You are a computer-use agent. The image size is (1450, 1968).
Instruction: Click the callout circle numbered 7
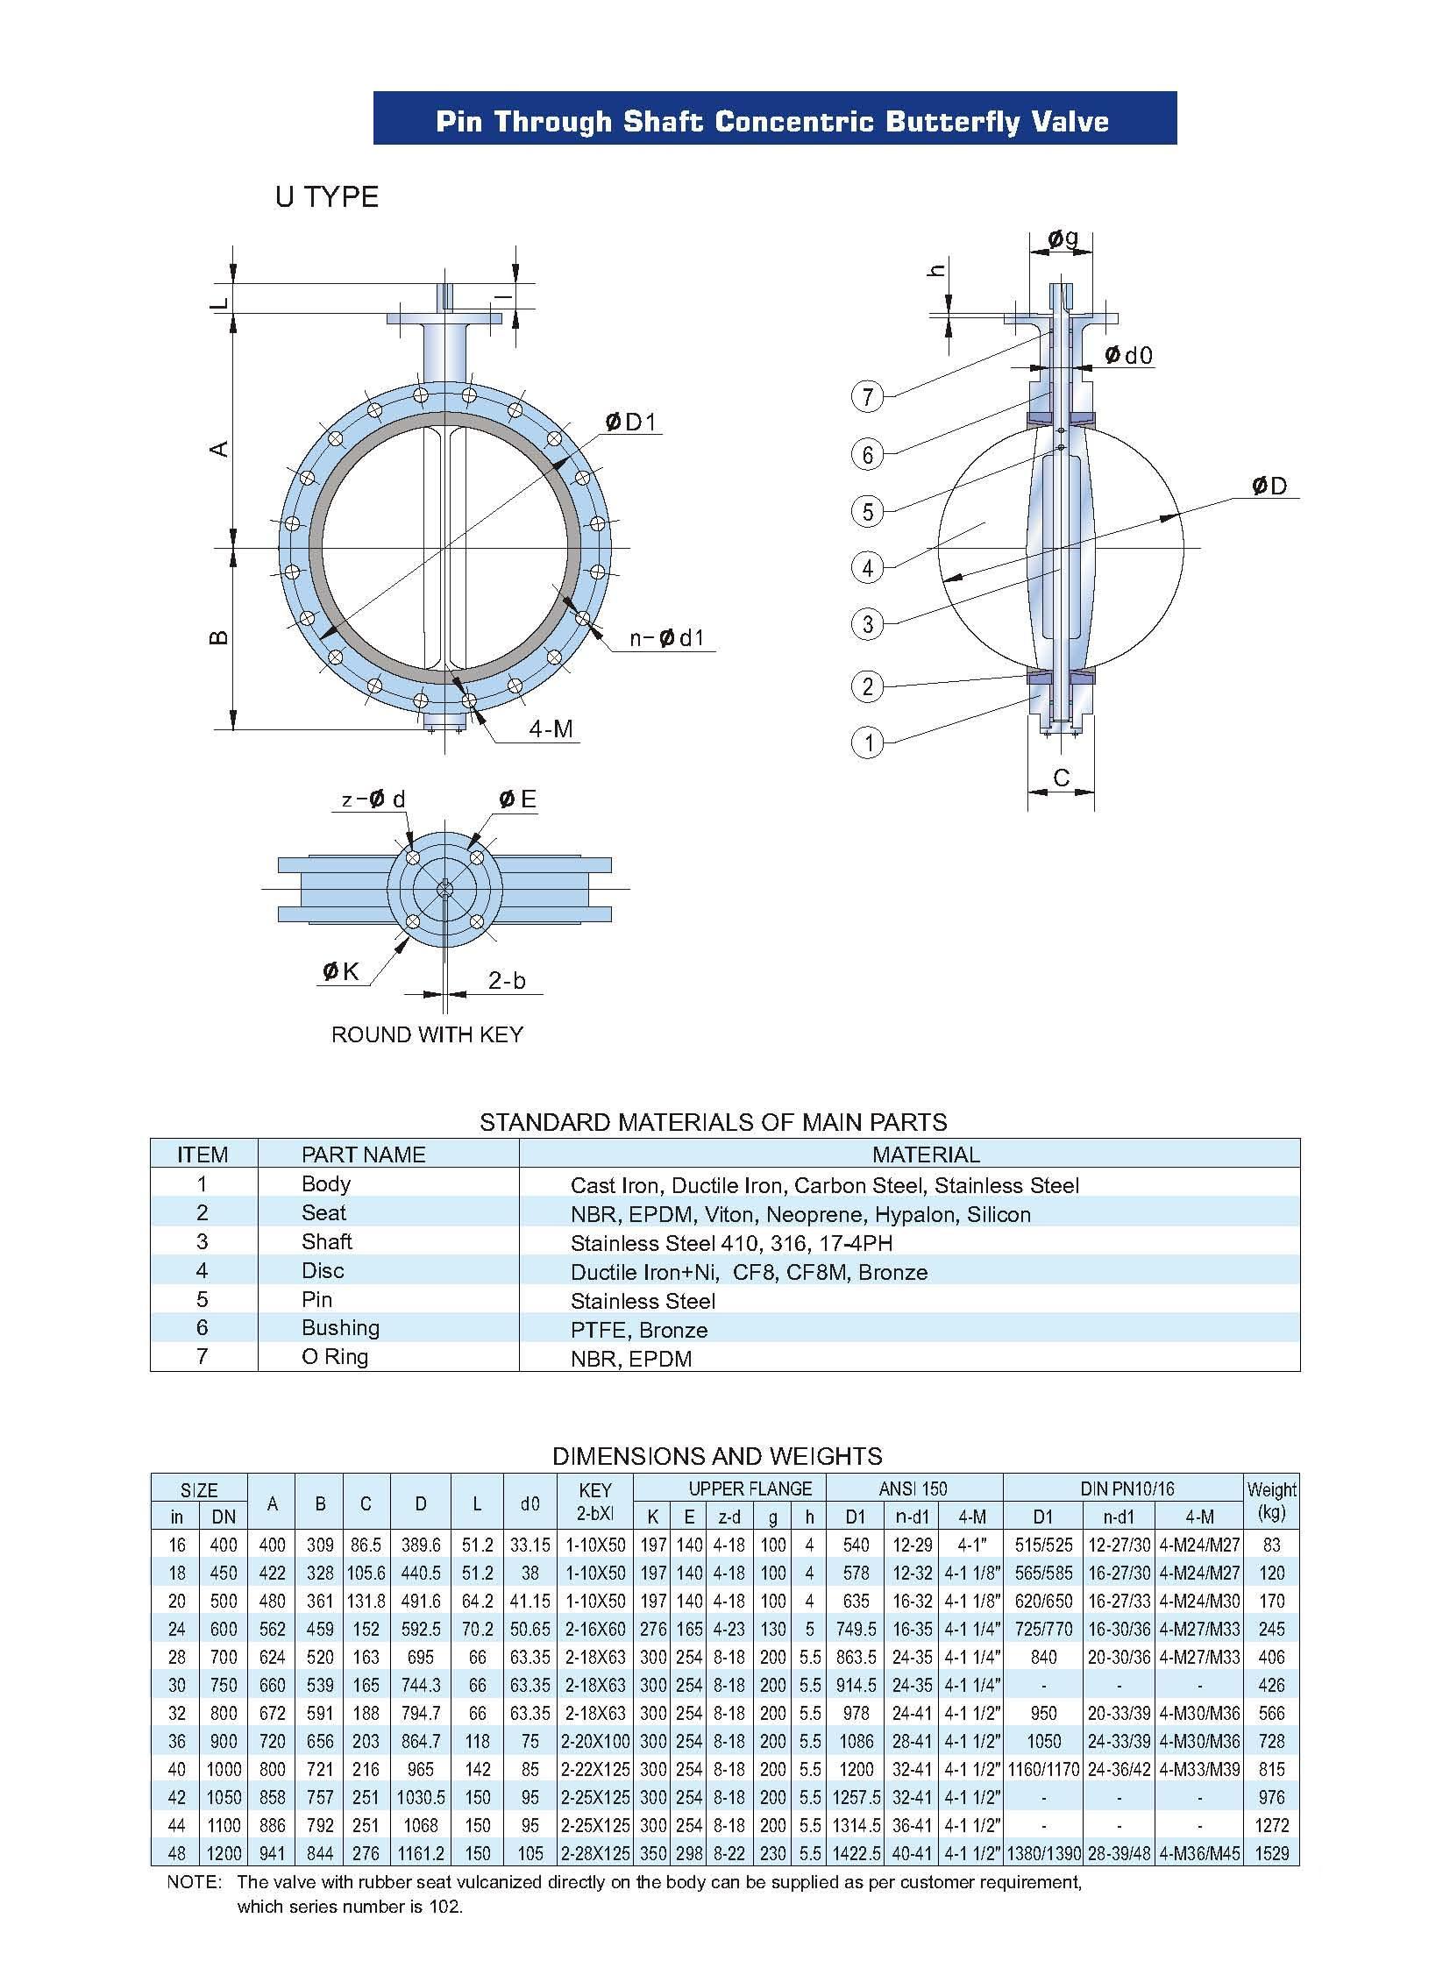(867, 397)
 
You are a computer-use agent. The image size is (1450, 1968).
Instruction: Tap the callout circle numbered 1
(867, 742)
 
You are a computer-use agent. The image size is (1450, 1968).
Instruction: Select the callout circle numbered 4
(867, 567)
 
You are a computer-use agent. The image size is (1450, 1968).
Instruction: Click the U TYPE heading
(326, 196)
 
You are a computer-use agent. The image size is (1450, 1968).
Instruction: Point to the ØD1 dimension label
(630, 423)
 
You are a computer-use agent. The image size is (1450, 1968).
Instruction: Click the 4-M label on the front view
(551, 728)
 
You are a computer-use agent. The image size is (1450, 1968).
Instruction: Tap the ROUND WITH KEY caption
(427, 1035)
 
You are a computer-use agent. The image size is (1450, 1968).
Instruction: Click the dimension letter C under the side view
(1061, 778)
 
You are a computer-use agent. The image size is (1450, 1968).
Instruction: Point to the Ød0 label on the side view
(1128, 355)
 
